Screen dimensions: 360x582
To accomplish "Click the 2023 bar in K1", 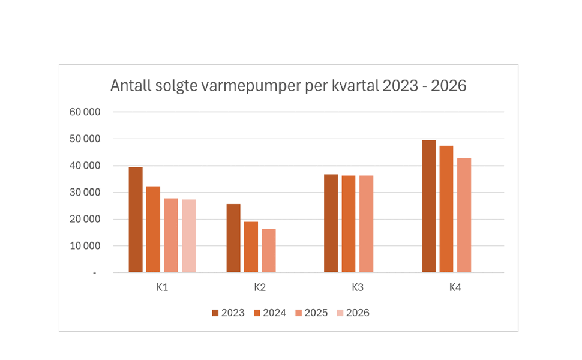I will (136, 220).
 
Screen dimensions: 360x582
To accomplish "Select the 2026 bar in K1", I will (188, 236).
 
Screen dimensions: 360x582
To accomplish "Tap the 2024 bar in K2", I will (251, 247).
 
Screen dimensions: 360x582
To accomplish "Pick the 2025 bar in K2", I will (268, 251).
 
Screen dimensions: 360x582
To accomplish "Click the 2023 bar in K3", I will (331, 223).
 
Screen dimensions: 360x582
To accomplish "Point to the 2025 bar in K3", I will (366, 224).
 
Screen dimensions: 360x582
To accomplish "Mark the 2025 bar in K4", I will (464, 215).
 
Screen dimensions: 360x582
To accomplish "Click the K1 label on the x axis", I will (162, 287).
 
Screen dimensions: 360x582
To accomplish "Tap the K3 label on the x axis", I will (357, 287).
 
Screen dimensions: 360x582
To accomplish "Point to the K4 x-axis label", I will (455, 287).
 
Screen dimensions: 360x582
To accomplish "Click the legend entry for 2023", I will (228, 313).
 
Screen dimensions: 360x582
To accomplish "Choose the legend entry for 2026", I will (353, 313).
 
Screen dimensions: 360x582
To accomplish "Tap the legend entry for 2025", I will (311, 313).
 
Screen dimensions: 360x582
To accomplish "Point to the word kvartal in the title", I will (355, 86).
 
